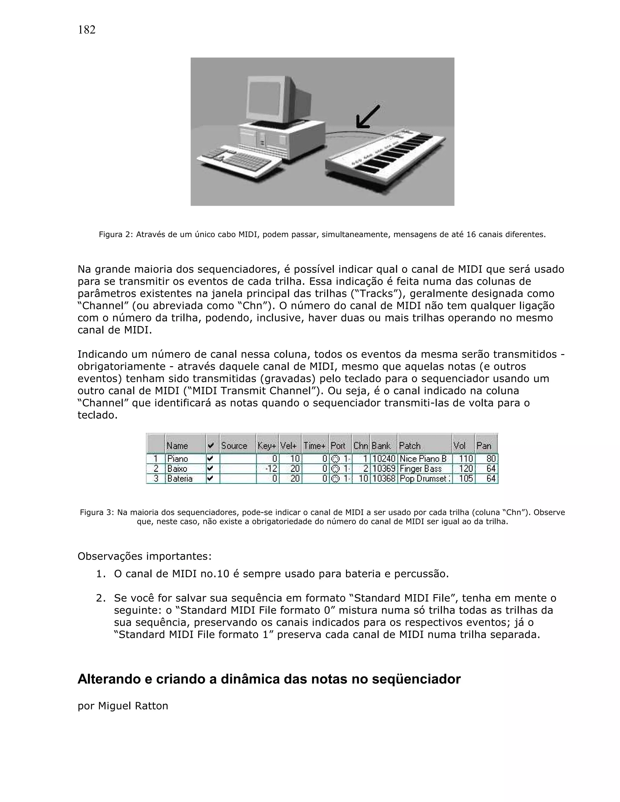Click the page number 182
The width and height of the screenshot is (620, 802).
(x=87, y=30)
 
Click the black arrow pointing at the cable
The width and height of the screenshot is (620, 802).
(x=368, y=117)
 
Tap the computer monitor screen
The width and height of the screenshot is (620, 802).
(x=264, y=97)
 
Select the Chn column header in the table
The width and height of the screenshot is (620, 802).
(x=360, y=445)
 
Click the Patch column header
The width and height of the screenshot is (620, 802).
(x=410, y=445)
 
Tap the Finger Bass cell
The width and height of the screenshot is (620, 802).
(x=420, y=468)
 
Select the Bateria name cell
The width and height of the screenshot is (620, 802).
(x=180, y=478)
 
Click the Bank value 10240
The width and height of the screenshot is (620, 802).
(x=384, y=459)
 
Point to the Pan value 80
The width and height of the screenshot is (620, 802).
(x=491, y=459)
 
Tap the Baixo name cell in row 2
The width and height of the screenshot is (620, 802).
(x=177, y=468)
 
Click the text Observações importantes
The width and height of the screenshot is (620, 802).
(x=144, y=556)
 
